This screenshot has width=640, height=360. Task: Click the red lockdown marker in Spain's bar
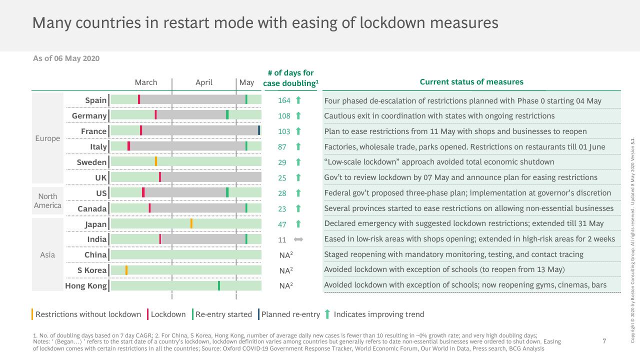[x=139, y=99]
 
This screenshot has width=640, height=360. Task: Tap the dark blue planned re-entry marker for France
[x=259, y=130]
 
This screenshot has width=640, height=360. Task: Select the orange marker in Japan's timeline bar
[x=191, y=223]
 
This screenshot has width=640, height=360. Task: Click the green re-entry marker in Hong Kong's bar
[x=219, y=285]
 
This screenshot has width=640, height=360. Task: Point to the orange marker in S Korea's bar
[x=126, y=270]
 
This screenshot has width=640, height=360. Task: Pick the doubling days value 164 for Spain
[x=284, y=100]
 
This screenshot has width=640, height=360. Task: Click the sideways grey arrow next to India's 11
[x=298, y=239]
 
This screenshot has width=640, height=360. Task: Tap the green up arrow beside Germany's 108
[x=298, y=115]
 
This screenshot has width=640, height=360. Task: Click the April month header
[x=203, y=82]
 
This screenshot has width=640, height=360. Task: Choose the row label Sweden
[x=91, y=162]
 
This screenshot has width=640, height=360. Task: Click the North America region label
[x=47, y=201]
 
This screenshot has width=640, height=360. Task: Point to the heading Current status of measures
[x=471, y=82]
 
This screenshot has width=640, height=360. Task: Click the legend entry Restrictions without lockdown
[x=88, y=314]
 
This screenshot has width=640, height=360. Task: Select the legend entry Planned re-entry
[x=290, y=314]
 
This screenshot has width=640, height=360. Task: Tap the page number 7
[x=604, y=341]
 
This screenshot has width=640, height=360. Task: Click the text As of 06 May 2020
[x=66, y=58]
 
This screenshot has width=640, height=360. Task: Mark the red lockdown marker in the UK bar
[x=160, y=177]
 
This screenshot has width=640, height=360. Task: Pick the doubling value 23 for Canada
[x=282, y=209]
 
